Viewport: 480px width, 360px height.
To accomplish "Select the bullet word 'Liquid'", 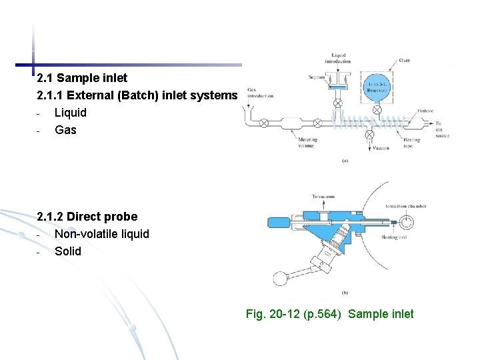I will click(70, 112).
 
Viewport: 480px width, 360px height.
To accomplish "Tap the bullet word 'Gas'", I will click(65, 129).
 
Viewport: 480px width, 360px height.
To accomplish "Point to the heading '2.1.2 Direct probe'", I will click(87, 216).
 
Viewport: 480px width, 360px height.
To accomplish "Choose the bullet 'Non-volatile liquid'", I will click(101, 233).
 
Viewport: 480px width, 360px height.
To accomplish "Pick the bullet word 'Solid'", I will click(67, 251).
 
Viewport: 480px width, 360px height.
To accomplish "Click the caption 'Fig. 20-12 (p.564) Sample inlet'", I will click(329, 313).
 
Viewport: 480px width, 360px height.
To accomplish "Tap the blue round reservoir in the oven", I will click(377, 87).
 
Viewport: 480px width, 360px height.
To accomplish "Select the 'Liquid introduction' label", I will click(338, 58).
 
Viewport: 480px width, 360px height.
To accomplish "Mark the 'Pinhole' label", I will click(425, 111).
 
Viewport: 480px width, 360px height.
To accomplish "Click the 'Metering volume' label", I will click(307, 142).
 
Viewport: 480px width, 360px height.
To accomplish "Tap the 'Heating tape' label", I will click(411, 142).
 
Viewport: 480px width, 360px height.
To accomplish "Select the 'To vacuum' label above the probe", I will click(323, 196).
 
